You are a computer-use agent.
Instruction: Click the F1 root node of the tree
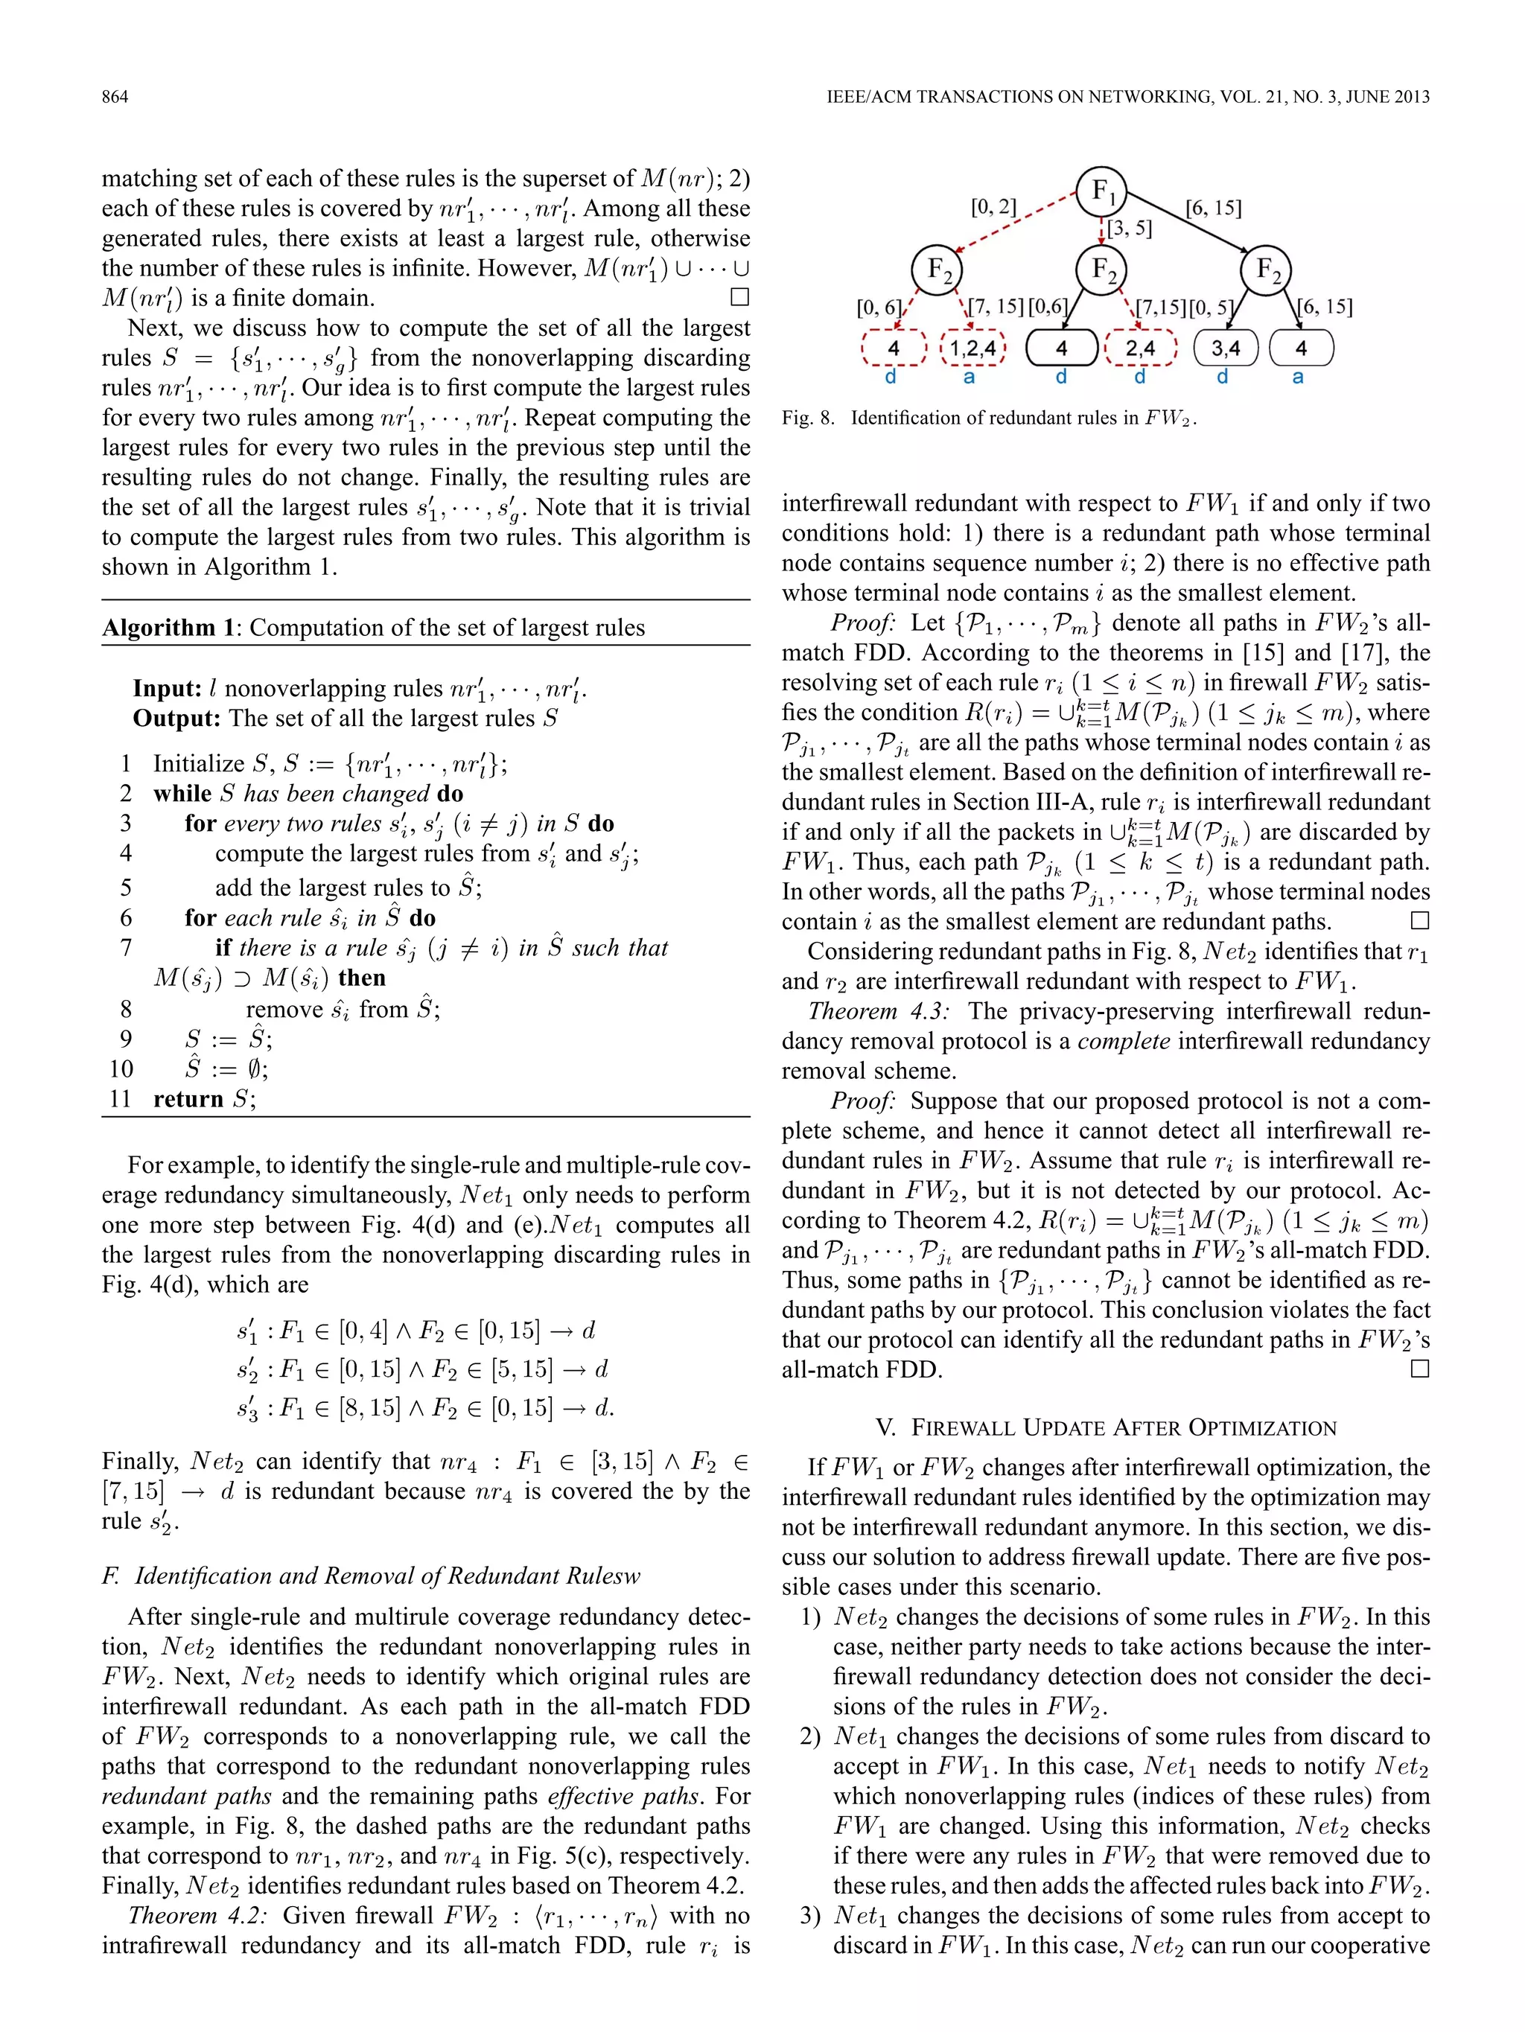[x=1101, y=192]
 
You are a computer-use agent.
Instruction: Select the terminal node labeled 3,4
[x=1226, y=348]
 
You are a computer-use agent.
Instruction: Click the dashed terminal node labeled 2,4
[x=1140, y=348]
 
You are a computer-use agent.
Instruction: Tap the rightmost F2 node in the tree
[x=1267, y=270]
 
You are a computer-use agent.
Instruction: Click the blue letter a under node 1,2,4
[x=970, y=377]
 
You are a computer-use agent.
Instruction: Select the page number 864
[x=115, y=97]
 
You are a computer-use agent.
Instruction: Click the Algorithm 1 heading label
[x=170, y=628]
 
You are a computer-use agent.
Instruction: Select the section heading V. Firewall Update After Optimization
[x=1106, y=1427]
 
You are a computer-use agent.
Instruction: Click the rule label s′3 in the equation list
[x=248, y=1408]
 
